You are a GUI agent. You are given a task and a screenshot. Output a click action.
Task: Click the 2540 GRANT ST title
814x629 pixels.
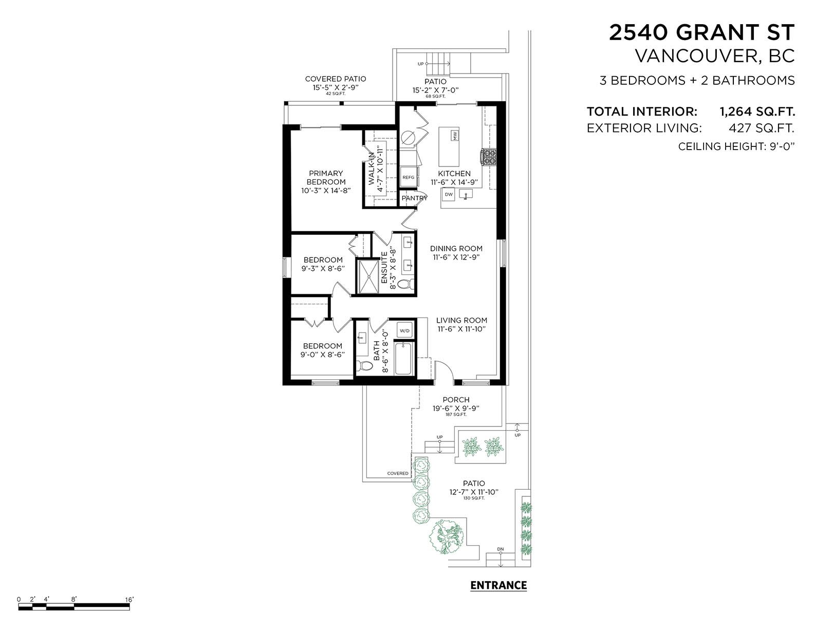point(701,32)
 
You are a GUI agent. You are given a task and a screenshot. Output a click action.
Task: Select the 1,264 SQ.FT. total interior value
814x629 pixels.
point(756,112)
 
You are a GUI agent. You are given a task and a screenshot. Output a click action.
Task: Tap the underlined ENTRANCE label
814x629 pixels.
point(498,585)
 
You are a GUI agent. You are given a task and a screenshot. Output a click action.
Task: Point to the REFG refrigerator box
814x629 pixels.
point(409,177)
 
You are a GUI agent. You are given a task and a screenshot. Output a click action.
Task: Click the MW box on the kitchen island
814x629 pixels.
point(454,136)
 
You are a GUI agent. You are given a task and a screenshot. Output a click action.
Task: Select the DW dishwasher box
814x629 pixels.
point(449,195)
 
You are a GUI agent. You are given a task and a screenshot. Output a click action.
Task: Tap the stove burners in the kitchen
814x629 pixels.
point(488,156)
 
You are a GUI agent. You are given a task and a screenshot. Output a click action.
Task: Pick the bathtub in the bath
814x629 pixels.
point(403,358)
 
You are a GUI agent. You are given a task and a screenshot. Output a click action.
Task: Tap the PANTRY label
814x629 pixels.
point(414,198)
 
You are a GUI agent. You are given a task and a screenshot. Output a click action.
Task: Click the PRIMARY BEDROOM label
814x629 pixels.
point(326,178)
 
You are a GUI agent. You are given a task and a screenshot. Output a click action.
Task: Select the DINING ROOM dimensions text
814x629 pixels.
point(456,257)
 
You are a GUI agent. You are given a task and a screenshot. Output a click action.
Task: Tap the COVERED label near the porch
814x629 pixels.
point(397,473)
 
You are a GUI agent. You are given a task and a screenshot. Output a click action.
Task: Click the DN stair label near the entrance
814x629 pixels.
point(500,549)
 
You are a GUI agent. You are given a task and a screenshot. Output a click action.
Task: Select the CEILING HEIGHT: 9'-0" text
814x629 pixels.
point(736,146)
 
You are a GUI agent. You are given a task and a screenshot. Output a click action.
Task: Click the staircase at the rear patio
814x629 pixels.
point(438,66)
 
